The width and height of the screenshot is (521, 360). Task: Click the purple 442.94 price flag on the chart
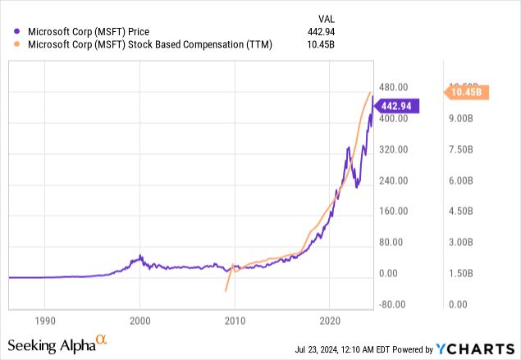(x=399, y=105)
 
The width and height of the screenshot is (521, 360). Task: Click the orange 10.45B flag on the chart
(x=468, y=92)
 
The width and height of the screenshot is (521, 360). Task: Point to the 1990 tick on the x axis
(x=45, y=319)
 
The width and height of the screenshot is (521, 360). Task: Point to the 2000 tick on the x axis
(x=140, y=319)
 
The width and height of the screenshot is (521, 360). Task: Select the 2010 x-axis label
(x=235, y=319)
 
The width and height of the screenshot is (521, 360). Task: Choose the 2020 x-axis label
(x=330, y=319)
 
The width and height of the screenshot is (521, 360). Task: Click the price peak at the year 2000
(x=139, y=257)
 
